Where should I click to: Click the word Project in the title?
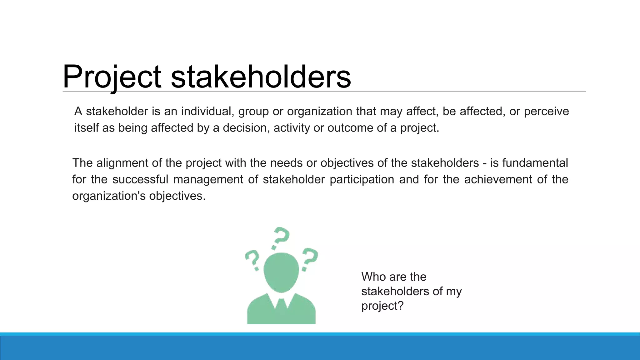coord(112,77)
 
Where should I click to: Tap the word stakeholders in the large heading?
coord(261,77)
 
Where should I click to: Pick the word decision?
coord(246,128)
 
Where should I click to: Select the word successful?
coord(140,180)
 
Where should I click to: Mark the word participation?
coord(362,180)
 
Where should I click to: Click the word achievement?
coord(498,180)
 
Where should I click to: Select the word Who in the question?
coord(373,277)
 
